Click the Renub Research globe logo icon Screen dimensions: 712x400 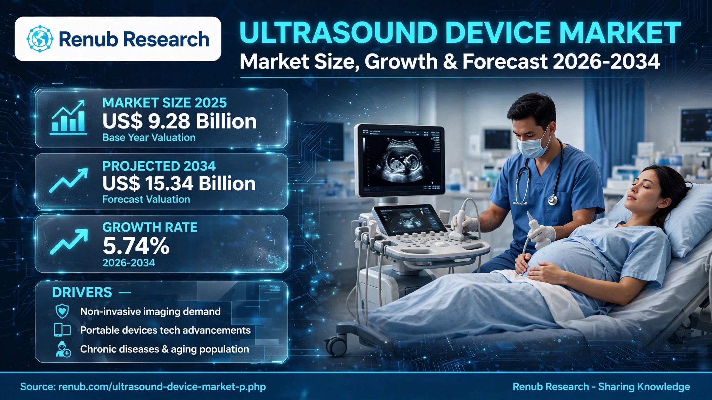[x=40, y=39]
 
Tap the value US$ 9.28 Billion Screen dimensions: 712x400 [x=179, y=121]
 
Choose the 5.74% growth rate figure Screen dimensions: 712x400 [x=136, y=246]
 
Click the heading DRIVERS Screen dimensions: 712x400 [x=82, y=292]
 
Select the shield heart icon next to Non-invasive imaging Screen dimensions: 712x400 [x=62, y=311]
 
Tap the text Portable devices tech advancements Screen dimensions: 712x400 [x=165, y=330]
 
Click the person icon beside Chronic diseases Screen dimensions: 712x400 [x=63, y=349]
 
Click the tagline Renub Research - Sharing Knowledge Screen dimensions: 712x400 [x=601, y=386]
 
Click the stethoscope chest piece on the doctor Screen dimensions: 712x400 [x=552, y=200]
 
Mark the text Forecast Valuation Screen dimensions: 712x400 [x=146, y=199]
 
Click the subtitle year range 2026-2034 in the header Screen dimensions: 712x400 [x=606, y=61]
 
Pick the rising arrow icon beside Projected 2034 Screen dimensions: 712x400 [x=68, y=181]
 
